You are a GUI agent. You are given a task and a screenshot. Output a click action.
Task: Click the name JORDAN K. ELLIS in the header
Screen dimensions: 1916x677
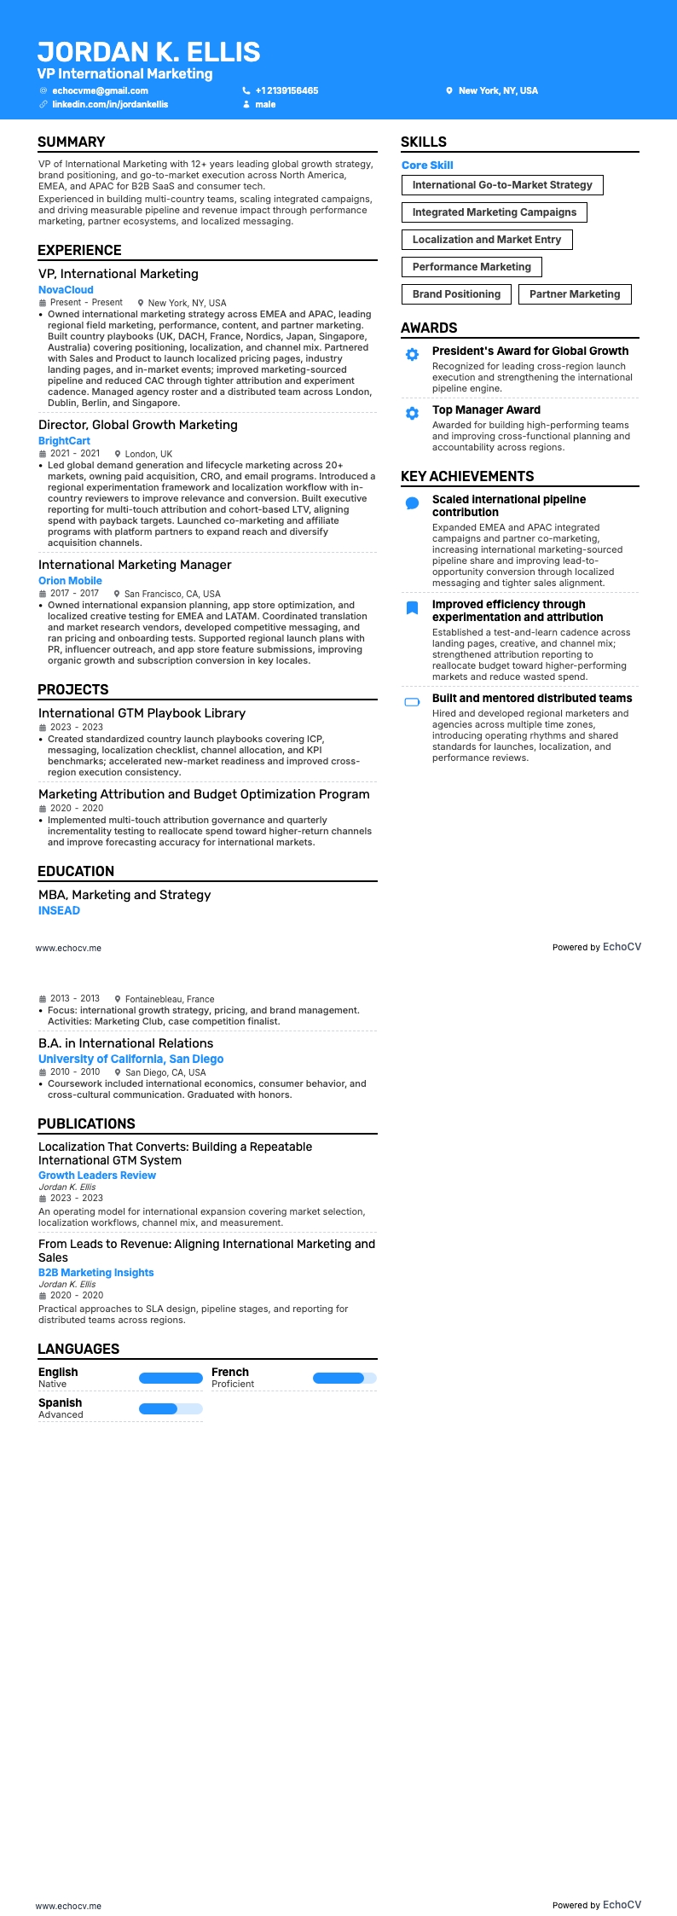pyautogui.click(x=148, y=52)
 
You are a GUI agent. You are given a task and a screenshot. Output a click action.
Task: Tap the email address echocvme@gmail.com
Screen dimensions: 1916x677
pyautogui.click(x=100, y=90)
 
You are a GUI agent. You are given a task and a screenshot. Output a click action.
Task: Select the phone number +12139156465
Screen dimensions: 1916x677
pyautogui.click(x=286, y=90)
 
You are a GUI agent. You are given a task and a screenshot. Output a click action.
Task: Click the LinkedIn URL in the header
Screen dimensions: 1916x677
pyautogui.click(x=110, y=104)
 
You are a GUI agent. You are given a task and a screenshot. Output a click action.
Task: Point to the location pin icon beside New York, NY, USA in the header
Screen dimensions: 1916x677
pyautogui.click(x=449, y=90)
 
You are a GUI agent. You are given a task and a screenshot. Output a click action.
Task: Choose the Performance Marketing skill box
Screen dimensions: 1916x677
pyautogui.click(x=472, y=267)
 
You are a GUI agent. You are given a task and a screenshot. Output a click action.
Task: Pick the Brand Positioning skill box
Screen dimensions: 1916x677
pyautogui.click(x=456, y=294)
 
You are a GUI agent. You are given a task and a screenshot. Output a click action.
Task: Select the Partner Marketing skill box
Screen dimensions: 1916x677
pyautogui.click(x=575, y=294)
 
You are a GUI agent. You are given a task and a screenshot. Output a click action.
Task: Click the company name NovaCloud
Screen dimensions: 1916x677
pyautogui.click(x=66, y=290)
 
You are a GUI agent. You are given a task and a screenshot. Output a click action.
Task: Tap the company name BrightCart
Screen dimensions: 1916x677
pyautogui.click(x=64, y=441)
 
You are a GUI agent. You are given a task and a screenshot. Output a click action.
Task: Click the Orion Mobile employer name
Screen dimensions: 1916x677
pyautogui.click(x=70, y=581)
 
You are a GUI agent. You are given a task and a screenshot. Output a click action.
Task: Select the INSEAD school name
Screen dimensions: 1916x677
pyautogui.click(x=59, y=911)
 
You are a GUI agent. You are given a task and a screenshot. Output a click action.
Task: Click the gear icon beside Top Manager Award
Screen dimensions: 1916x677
pyautogui.click(x=412, y=413)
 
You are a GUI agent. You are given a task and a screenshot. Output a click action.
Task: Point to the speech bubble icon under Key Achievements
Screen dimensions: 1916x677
pyautogui.click(x=412, y=503)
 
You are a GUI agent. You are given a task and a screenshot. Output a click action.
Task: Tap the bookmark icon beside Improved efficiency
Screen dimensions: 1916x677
pyautogui.click(x=412, y=608)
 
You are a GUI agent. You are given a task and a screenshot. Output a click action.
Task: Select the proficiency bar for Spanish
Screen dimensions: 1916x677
pyautogui.click(x=171, y=1408)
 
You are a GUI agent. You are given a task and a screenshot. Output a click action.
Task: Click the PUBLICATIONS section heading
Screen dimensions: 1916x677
pyautogui.click(x=86, y=1123)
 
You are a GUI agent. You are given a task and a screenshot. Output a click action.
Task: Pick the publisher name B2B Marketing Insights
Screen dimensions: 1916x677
pyautogui.click(x=95, y=1273)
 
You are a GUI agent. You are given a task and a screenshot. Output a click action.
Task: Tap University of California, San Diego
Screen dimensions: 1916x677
pyautogui.click(x=130, y=1059)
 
